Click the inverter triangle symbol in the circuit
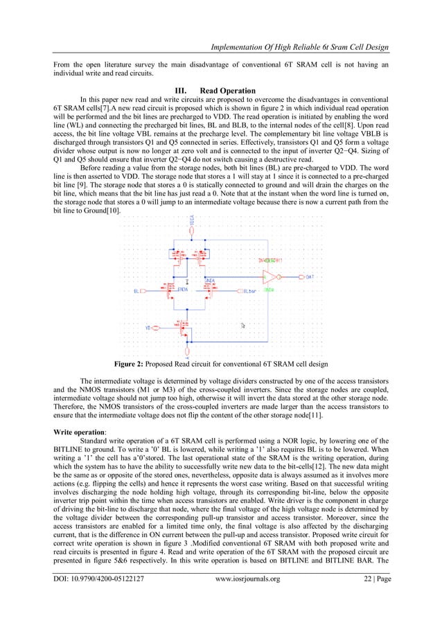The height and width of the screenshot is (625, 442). click(x=267, y=276)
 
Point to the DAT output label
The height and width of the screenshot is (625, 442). click(x=310, y=276)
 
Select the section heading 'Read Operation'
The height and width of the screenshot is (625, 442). click(x=227, y=91)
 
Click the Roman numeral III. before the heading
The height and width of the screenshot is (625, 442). click(x=185, y=91)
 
